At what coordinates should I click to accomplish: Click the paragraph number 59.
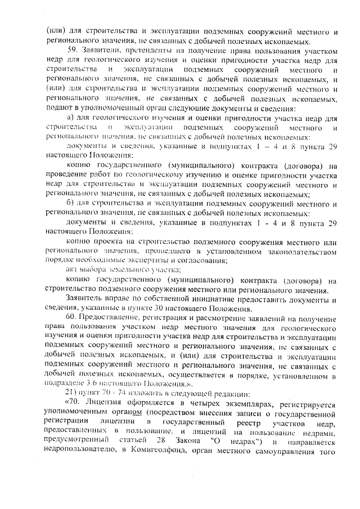pyautogui.click(x=73, y=51)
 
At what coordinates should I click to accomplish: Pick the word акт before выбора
pyautogui.click(x=71, y=270)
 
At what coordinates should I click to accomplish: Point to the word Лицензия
pyautogui.click(x=105, y=404)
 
